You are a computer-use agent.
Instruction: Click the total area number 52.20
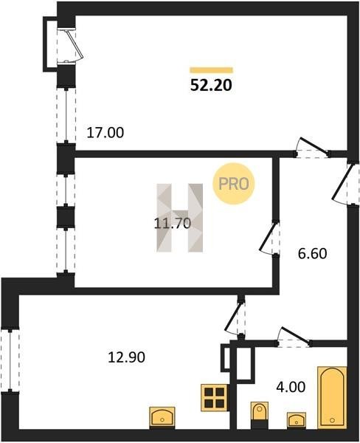211,85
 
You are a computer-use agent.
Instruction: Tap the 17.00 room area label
105,132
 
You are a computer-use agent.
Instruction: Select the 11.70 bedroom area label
173,224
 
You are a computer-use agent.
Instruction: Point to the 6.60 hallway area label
312,253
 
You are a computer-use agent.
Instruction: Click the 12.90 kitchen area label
126,357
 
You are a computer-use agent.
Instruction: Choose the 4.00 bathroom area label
291,387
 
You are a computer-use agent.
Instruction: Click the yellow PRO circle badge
234,184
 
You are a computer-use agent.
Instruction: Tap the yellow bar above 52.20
211,70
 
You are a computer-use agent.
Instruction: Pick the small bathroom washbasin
297,420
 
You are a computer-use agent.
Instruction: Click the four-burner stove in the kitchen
215,398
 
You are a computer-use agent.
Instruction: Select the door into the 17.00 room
312,148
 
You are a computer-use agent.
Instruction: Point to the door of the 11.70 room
269,238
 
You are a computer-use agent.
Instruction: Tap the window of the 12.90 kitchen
10,360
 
